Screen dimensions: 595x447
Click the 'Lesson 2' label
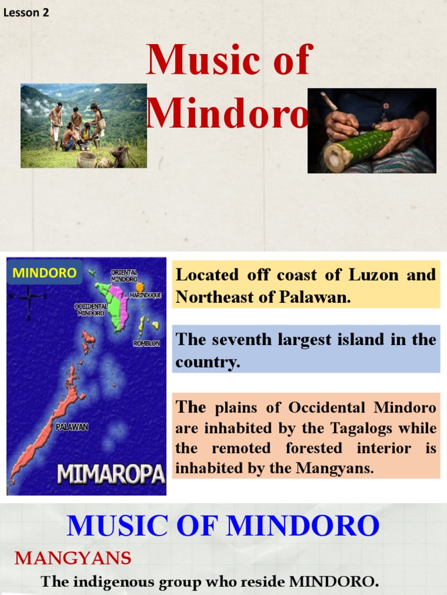click(26, 12)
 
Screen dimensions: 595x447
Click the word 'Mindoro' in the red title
click(227, 113)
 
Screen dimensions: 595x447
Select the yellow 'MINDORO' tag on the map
click(44, 273)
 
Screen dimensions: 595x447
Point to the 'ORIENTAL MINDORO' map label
click(124, 276)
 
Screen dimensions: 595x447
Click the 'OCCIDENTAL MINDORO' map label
click(91, 310)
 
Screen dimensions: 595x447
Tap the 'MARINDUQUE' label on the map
click(145, 296)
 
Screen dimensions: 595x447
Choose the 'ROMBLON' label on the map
click(146, 344)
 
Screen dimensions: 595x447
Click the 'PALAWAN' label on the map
click(72, 427)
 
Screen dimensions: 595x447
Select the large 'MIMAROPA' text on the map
click(111, 475)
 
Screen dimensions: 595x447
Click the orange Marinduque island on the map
click(140, 287)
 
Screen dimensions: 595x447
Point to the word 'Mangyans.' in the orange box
click(343, 468)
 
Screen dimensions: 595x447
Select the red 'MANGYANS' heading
click(73, 558)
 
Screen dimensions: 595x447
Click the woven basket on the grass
click(86, 159)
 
